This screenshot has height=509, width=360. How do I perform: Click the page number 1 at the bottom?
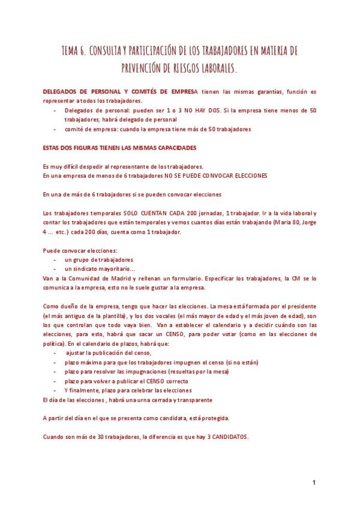point(314,483)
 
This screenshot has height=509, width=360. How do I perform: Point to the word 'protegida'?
point(214,418)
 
